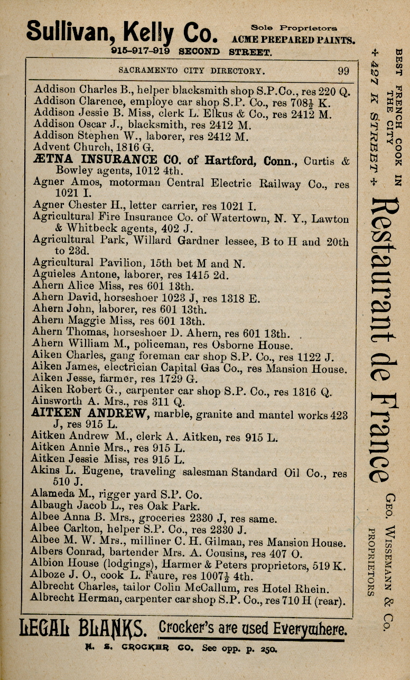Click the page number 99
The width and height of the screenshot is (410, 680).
(x=343, y=71)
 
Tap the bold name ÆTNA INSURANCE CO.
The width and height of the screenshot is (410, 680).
(x=95, y=159)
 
